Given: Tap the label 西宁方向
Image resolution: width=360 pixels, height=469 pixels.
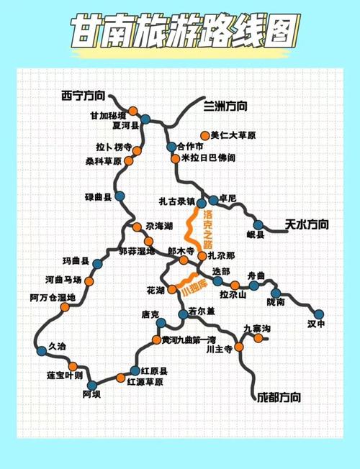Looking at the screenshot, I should pos(83,95).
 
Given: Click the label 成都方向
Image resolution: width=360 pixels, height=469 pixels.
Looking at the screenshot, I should pos(278,397).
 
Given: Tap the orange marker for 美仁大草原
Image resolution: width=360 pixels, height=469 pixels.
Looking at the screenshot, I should pos(205,135).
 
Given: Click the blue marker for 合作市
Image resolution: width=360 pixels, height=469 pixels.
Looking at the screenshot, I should pos(171,147).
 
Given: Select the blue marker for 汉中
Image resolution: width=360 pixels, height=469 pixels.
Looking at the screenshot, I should pos(319,314).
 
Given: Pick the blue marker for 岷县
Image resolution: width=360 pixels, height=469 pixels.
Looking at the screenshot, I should pos(258,224).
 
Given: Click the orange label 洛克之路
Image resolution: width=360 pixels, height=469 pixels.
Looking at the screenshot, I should pos(208,227).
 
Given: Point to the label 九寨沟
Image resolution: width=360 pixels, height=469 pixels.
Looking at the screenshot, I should pos(256,328).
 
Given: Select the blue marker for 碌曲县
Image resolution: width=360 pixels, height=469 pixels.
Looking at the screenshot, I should pos(120,196).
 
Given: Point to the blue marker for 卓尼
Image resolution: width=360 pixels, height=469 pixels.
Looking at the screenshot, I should pos(213,200).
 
